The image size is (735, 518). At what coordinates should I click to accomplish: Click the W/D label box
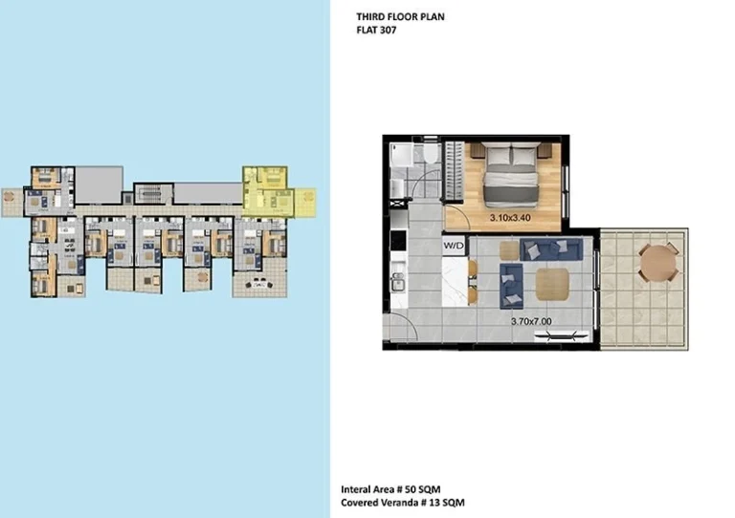[454, 247]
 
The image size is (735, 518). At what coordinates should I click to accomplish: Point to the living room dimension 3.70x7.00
[530, 322]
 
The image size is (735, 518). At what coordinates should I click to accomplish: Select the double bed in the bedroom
[511, 174]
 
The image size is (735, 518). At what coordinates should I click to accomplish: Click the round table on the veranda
[657, 261]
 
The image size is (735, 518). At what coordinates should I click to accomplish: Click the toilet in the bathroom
[432, 154]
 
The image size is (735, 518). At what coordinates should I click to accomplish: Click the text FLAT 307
[376, 31]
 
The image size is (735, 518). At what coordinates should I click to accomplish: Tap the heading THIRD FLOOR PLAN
[400, 17]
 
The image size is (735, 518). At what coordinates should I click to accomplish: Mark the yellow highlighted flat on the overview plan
[267, 188]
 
